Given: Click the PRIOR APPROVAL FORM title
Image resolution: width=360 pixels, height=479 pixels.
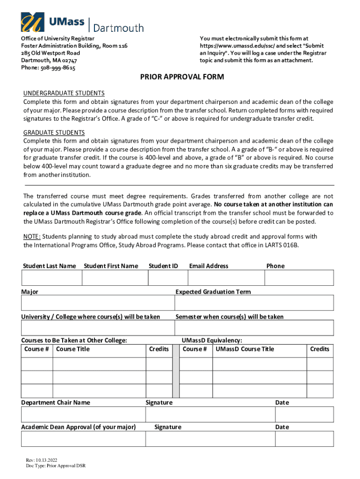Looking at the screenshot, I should [x=182, y=77].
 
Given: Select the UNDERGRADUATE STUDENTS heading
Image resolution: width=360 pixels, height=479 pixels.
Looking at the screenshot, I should [x=64, y=93].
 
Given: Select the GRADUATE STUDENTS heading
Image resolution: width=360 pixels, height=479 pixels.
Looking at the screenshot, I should [x=54, y=133].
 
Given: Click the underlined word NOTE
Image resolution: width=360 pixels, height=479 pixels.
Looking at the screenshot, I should [x=32, y=236].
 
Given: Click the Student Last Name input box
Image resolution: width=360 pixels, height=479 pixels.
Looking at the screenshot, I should [x=51, y=278].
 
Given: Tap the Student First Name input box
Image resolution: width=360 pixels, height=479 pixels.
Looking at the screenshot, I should [x=114, y=278].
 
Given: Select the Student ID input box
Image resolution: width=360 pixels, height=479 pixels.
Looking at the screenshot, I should [x=167, y=278].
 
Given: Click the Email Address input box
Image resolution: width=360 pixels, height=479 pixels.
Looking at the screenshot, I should [x=226, y=278].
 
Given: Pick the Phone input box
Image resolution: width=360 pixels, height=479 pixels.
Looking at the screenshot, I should [x=299, y=278].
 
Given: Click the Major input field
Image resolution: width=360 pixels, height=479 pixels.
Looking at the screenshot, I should [x=97, y=303].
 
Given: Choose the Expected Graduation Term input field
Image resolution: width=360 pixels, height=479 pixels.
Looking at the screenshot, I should [x=254, y=303].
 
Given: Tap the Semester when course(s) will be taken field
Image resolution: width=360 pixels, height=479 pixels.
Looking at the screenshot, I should [x=254, y=328].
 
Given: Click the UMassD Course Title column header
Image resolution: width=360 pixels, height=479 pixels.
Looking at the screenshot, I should [x=245, y=349].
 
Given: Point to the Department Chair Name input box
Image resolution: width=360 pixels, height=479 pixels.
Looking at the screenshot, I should [x=83, y=414].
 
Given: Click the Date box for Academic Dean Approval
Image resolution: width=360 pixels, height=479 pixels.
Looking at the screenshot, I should [x=304, y=439].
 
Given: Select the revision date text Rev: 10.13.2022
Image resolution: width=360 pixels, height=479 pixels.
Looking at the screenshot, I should [x=42, y=460].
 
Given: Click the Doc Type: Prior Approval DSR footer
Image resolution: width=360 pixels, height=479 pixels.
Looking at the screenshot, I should [x=56, y=466].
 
